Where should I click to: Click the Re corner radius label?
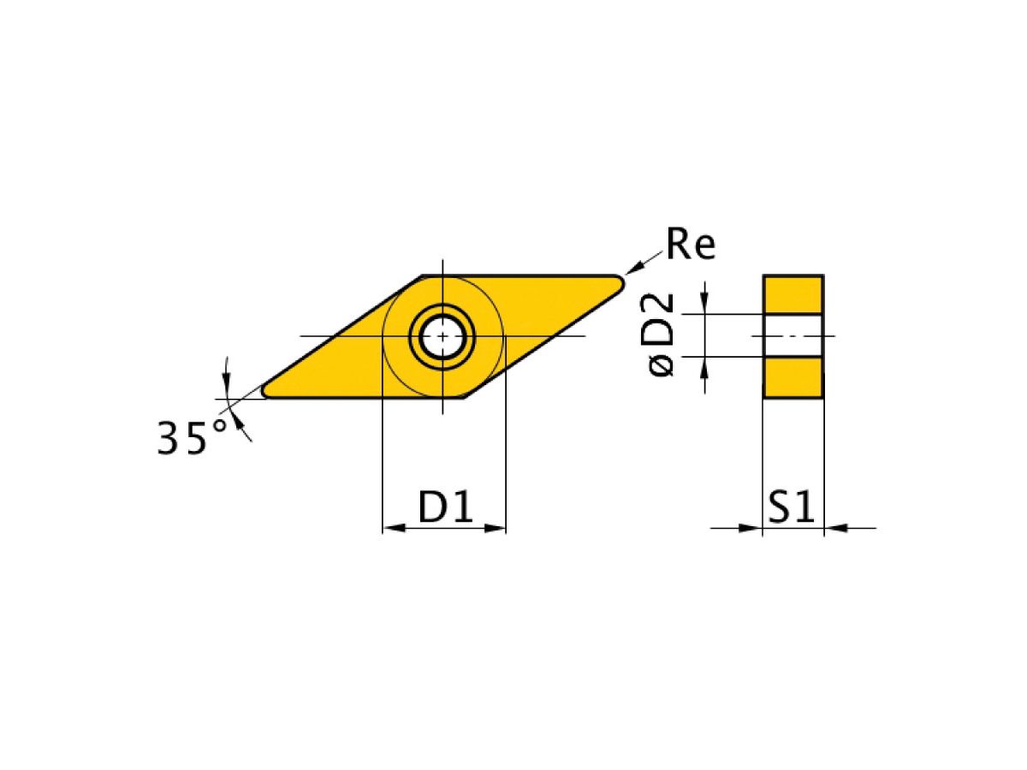click(x=691, y=246)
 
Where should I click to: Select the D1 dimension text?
click(x=445, y=507)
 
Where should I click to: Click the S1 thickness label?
click(x=790, y=508)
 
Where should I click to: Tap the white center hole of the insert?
click(x=442, y=336)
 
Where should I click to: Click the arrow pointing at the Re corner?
click(x=632, y=267)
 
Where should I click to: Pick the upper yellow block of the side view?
click(x=793, y=294)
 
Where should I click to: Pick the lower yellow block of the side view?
click(x=793, y=377)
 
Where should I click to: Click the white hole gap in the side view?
click(x=793, y=335)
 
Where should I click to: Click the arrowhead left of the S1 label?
click(x=752, y=528)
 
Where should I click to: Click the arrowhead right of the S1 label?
click(x=834, y=528)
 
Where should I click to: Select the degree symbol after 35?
click(x=220, y=425)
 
